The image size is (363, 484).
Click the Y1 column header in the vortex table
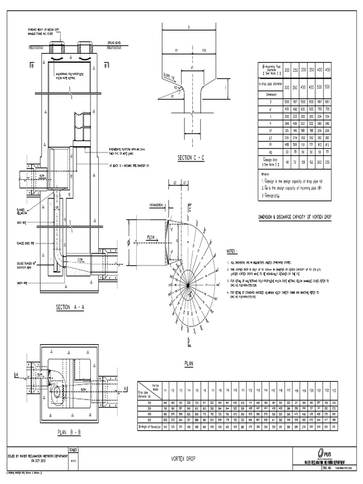point(165,390)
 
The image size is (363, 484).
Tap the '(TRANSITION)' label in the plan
point(156,205)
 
